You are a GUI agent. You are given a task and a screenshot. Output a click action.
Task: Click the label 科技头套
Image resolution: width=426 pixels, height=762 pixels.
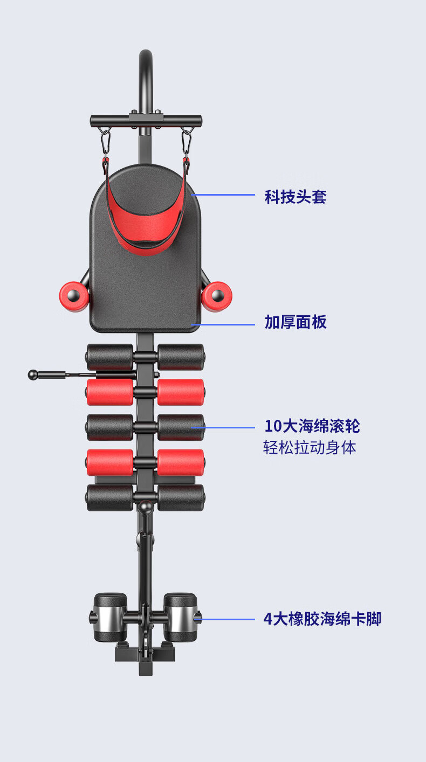tap(296, 197)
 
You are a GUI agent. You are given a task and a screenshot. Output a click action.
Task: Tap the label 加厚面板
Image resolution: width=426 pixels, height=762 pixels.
tap(296, 322)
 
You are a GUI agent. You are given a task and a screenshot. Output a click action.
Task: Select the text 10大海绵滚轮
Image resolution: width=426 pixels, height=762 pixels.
tap(312, 426)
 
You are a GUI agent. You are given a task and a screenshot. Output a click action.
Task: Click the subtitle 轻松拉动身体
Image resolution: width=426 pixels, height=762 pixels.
tap(310, 448)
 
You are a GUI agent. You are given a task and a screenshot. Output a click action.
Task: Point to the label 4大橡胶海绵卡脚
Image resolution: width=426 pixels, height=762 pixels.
tap(322, 619)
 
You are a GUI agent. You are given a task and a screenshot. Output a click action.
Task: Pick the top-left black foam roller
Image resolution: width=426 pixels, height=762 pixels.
tap(110, 357)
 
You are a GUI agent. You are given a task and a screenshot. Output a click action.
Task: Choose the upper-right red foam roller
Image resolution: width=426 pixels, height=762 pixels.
tap(181, 392)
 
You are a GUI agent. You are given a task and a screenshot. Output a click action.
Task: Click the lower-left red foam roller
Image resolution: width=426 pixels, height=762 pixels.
tap(110, 462)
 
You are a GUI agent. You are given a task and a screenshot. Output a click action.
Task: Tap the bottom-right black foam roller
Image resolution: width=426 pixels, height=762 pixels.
tap(181, 497)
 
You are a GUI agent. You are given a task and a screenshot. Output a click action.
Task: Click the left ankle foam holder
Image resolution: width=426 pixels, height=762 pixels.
tap(110, 618)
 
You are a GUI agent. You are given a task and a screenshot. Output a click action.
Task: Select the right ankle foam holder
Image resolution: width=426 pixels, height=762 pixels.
tap(180, 618)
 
